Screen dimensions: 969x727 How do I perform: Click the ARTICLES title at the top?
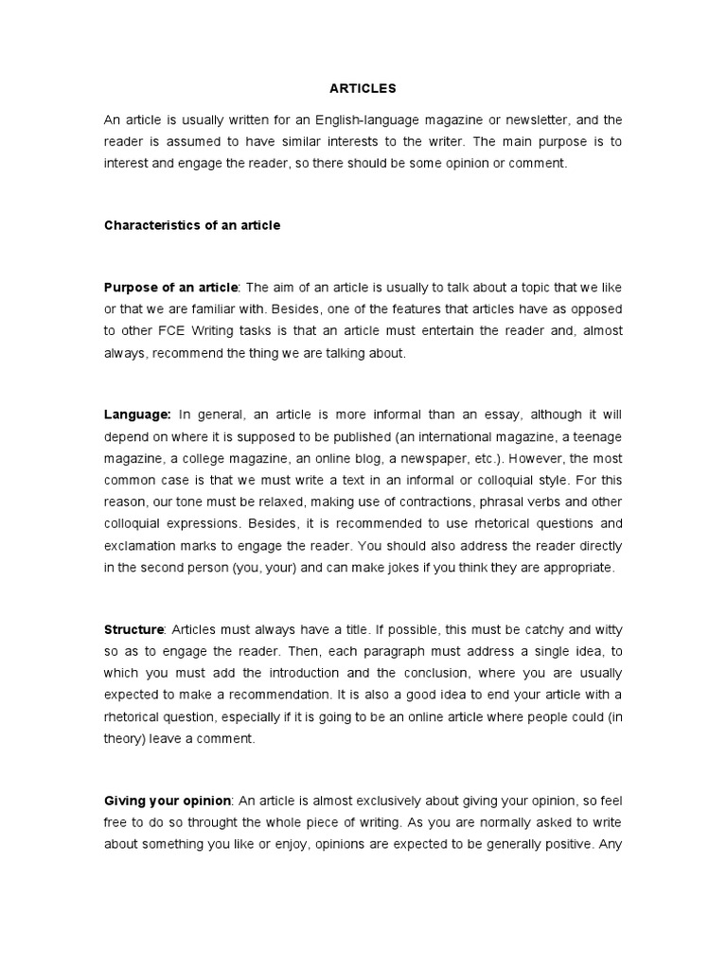tap(363, 88)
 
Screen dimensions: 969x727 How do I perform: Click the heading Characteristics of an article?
tap(192, 225)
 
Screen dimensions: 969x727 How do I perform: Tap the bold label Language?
tap(137, 414)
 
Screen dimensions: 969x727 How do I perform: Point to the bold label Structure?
tap(134, 629)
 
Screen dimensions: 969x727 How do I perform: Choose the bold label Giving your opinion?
tap(168, 801)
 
